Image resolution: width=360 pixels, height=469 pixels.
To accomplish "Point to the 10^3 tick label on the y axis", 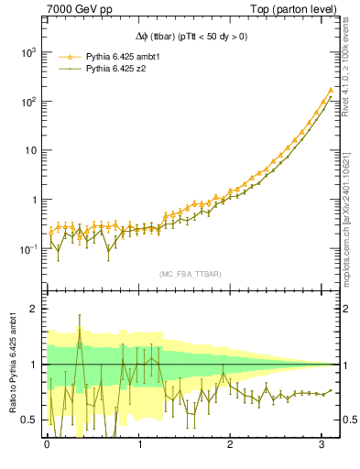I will pyautogui.click(x=27, y=52).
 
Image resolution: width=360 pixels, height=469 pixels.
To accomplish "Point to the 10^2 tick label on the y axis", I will pyautogui.click(x=27, y=102).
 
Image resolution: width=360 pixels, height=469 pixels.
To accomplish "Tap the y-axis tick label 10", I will pyautogui.click(x=30, y=150).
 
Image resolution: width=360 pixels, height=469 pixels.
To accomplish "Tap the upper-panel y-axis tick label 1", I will pyautogui.click(x=34, y=200).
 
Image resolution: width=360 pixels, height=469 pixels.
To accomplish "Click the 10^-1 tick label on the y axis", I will pyautogui.click(x=27, y=249).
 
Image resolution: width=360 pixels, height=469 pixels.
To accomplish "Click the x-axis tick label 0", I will pyautogui.click(x=47, y=446).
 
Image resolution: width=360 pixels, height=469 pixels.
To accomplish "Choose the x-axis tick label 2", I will pyautogui.click(x=234, y=446).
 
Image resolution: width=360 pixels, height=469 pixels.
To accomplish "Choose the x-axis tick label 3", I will pyautogui.click(x=326, y=446).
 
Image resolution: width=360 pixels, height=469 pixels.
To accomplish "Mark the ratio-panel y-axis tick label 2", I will pyautogui.click(x=34, y=309).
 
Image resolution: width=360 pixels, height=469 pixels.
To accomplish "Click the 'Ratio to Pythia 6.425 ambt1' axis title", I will pyautogui.click(x=12, y=363).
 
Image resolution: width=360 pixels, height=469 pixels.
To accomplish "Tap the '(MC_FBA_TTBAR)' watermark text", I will pyautogui.click(x=189, y=274).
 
